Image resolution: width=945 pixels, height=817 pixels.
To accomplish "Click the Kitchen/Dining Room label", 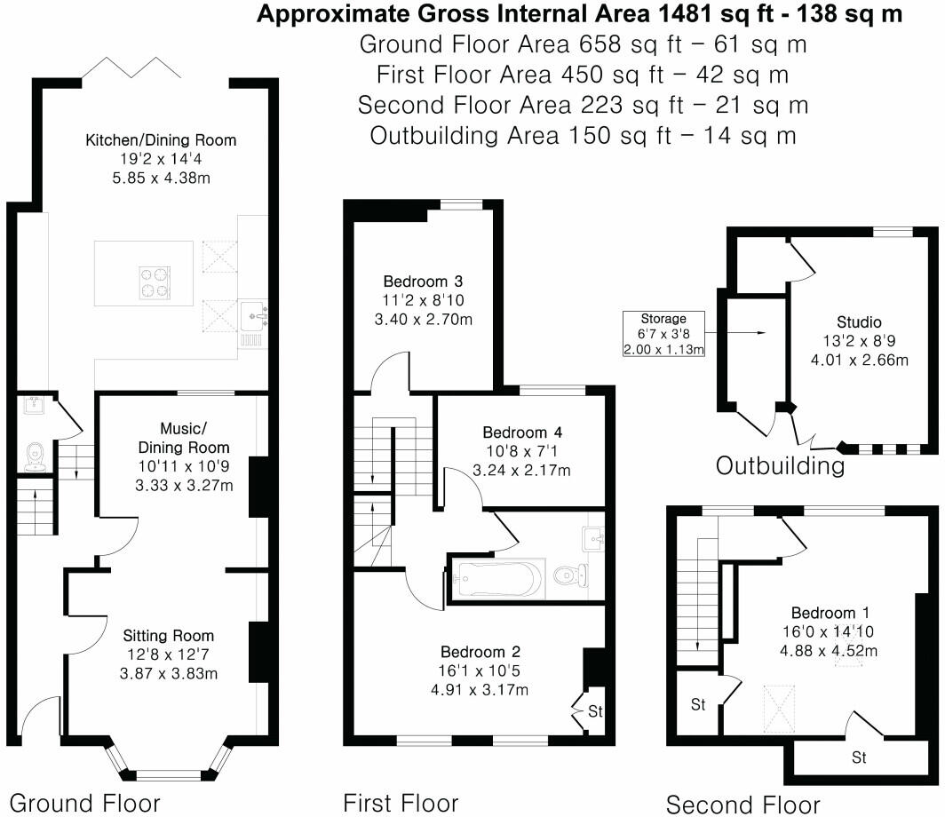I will (161, 140).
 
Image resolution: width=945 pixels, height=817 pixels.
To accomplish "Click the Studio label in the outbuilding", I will (858, 321).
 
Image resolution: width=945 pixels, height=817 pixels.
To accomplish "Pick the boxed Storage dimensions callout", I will (664, 334).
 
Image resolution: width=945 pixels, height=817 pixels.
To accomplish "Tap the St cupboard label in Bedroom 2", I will (595, 711).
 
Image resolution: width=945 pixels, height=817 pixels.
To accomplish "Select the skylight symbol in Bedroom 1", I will (781, 708).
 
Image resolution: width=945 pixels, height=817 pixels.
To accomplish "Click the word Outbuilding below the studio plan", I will (781, 465).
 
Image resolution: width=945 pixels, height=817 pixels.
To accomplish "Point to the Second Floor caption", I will (742, 805).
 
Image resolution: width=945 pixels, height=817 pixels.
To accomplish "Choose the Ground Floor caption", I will (84, 803).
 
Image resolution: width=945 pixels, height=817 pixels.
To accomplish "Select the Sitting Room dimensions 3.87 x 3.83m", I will (169, 672).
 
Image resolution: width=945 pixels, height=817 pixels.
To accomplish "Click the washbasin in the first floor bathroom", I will (593, 540).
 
